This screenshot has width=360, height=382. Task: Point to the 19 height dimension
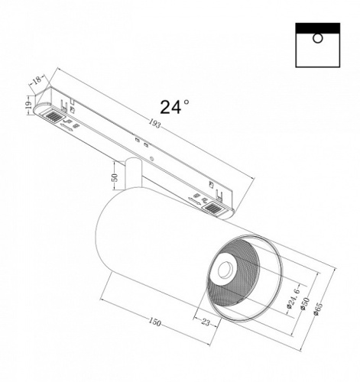coord(28,104)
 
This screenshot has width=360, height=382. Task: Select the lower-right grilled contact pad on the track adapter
coord(211,205)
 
